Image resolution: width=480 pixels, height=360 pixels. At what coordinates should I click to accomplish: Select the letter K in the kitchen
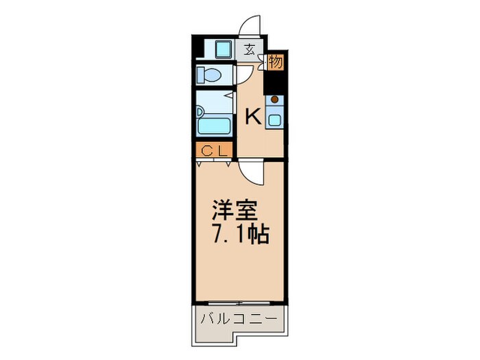[253, 118]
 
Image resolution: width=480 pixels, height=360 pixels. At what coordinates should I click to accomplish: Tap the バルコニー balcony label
[239, 320]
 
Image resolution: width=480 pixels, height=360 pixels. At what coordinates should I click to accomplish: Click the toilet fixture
[208, 74]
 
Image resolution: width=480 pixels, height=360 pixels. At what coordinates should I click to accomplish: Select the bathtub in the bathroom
[214, 126]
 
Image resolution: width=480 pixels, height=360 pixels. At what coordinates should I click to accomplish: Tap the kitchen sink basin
[275, 119]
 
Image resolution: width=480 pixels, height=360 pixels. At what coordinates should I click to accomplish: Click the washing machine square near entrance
[221, 49]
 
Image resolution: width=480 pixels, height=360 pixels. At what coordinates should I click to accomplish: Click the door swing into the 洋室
[251, 172]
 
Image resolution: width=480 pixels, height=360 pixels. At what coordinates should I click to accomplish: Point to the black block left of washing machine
[198, 49]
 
